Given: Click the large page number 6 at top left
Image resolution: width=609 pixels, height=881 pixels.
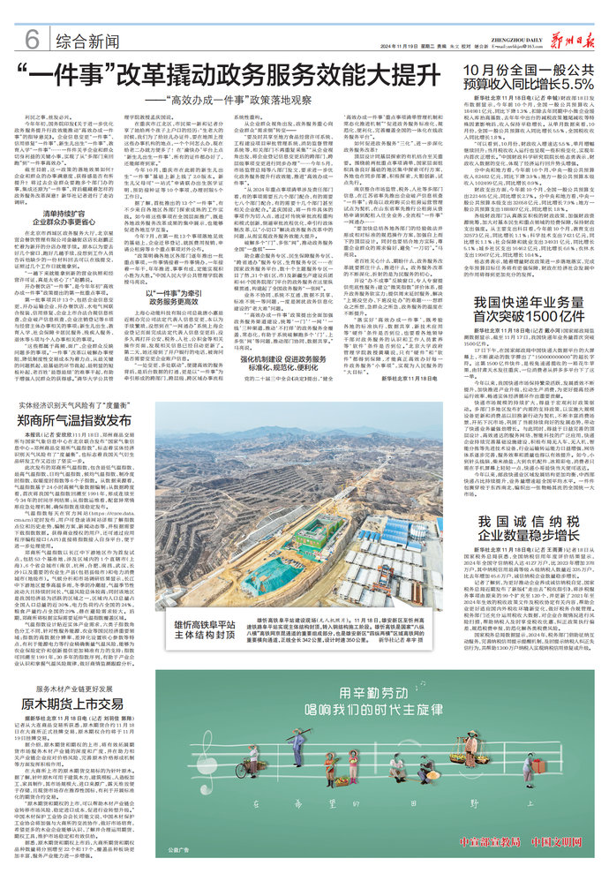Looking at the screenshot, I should [x=31, y=39].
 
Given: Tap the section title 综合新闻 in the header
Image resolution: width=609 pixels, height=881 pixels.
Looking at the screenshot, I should [x=86, y=41].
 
